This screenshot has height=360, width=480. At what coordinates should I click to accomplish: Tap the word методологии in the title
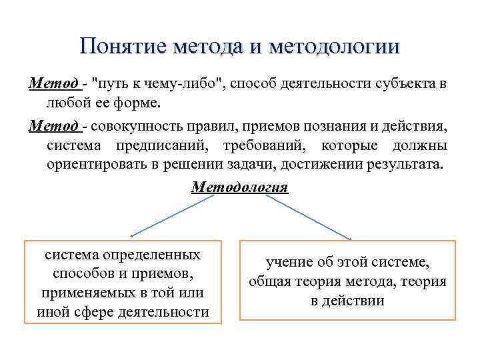coord(335,47)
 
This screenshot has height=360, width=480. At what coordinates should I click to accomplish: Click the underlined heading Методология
coord(239,187)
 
